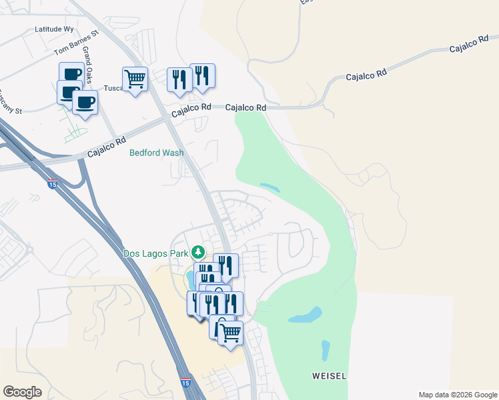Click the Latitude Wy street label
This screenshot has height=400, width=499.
(x=54, y=30)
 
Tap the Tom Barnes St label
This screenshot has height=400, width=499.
(x=76, y=42)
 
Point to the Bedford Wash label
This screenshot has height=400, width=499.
(x=156, y=153)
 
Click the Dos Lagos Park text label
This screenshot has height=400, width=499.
(x=156, y=253)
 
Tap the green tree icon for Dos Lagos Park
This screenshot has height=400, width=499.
(x=197, y=253)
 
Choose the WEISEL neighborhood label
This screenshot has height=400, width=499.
(x=329, y=376)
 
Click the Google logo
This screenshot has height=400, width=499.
(x=22, y=392)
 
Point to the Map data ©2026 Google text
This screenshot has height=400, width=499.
(x=457, y=395)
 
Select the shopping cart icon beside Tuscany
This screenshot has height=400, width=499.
(x=135, y=79)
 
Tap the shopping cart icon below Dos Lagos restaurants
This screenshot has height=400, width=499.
(x=230, y=332)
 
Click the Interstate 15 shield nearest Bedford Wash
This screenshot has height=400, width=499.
(x=52, y=185)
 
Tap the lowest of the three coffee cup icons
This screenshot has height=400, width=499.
(x=85, y=103)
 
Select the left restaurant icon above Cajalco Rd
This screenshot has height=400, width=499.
(x=179, y=79)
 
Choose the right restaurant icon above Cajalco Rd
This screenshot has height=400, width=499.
(x=202, y=75)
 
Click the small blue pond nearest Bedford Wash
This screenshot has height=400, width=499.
(x=269, y=187)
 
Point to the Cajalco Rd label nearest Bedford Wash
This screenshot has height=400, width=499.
(x=107, y=148)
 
